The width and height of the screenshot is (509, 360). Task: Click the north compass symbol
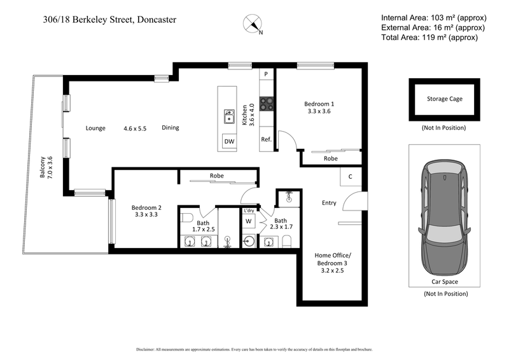coord(252,25)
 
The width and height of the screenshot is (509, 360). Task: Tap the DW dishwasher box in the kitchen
coord(227,141)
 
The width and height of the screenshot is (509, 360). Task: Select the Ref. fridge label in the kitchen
coord(266,139)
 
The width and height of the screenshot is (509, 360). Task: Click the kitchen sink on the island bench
coord(228,117)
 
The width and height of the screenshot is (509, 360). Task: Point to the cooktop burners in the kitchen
coord(267,103)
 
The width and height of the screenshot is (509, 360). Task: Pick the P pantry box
coord(266,74)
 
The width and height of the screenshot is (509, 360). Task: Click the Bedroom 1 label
coord(318,107)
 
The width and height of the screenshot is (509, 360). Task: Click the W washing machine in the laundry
coord(248,222)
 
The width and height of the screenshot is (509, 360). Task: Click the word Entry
coord(329,203)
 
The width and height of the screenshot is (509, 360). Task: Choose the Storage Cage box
coord(444,99)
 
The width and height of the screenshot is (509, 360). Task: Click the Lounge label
coord(95,128)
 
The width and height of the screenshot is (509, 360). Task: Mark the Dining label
coord(170,128)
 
